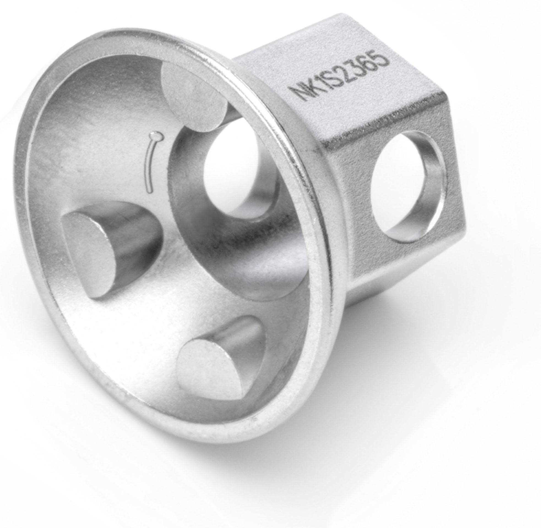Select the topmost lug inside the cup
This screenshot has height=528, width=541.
coord(194,94)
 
